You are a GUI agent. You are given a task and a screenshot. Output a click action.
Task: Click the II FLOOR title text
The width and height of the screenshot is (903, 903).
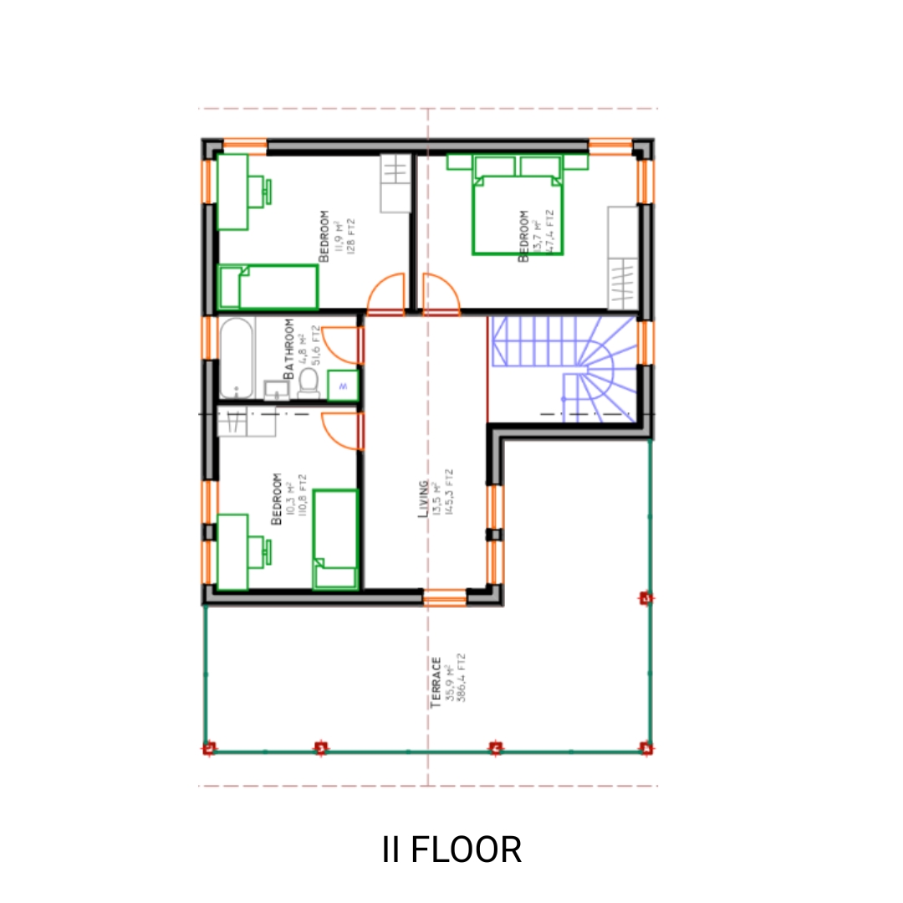(x=451, y=849)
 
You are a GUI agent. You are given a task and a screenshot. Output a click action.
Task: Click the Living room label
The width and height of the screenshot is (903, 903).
(x=424, y=499)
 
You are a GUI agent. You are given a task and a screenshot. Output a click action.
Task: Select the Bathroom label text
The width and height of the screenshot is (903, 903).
(x=288, y=349)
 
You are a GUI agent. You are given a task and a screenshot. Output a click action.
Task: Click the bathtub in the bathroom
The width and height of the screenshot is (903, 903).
(x=236, y=358)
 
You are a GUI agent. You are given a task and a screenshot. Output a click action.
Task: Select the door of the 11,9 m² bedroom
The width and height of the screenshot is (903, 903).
(x=386, y=295)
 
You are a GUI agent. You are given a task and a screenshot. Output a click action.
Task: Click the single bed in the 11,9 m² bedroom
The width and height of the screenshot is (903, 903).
(x=268, y=287)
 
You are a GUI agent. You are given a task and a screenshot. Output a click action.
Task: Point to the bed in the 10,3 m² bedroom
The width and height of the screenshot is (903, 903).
(x=335, y=538)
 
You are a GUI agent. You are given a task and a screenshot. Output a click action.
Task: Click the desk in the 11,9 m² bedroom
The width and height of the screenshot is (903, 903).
(x=234, y=191)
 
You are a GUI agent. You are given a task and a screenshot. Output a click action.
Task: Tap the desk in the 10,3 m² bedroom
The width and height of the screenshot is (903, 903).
(x=233, y=551)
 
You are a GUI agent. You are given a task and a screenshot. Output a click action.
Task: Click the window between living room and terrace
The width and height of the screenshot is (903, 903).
(x=444, y=596)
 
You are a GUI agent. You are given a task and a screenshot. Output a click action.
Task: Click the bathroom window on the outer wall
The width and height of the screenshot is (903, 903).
(x=207, y=337)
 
